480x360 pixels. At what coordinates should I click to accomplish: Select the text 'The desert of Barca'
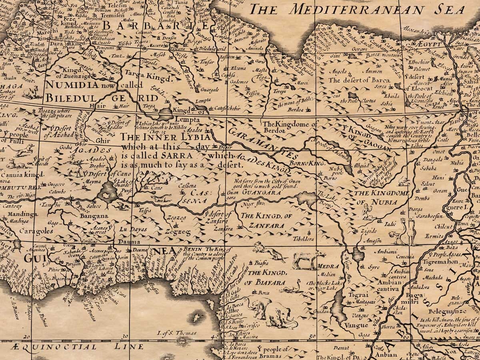coord(359,80)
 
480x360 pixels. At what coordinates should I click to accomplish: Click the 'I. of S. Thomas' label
coord(177,333)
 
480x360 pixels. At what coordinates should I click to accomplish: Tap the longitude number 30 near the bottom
coord(126,336)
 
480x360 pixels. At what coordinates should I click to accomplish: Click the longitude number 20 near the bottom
coord(27,337)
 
